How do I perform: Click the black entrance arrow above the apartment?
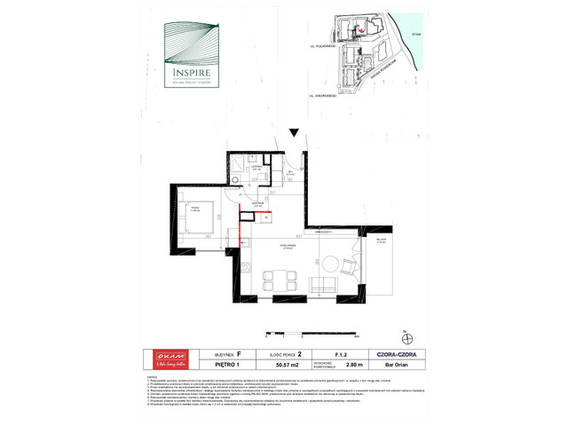point(293,135)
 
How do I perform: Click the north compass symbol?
point(407,335)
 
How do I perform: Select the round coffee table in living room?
point(330,263)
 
